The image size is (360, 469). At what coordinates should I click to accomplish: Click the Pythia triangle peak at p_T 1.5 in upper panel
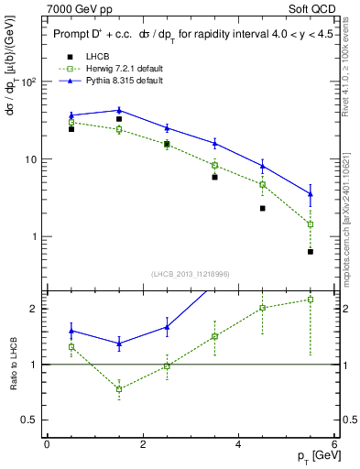(119, 110)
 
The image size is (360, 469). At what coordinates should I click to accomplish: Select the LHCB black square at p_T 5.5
(311, 251)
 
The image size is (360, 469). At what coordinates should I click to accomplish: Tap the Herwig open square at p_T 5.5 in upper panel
(311, 224)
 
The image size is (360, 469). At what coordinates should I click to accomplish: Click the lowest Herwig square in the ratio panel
(119, 388)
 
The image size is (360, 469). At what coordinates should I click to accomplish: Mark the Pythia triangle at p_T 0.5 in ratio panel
(71, 331)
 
